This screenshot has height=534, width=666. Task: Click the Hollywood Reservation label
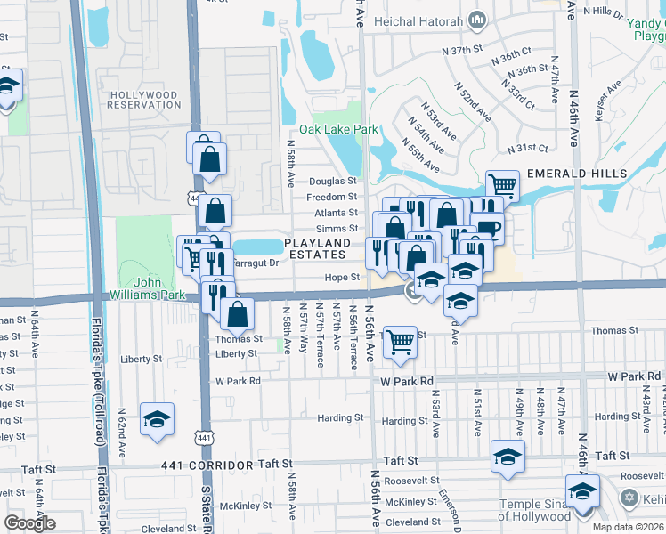tap(143, 99)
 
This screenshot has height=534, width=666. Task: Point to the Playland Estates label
tap(318, 248)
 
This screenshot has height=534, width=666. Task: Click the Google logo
tap(29, 523)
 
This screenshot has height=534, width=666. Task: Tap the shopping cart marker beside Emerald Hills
tap(503, 186)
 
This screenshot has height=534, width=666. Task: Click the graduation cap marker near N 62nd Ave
tap(158, 419)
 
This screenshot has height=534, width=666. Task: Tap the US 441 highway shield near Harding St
tap(206, 437)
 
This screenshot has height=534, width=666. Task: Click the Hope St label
tap(341, 278)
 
